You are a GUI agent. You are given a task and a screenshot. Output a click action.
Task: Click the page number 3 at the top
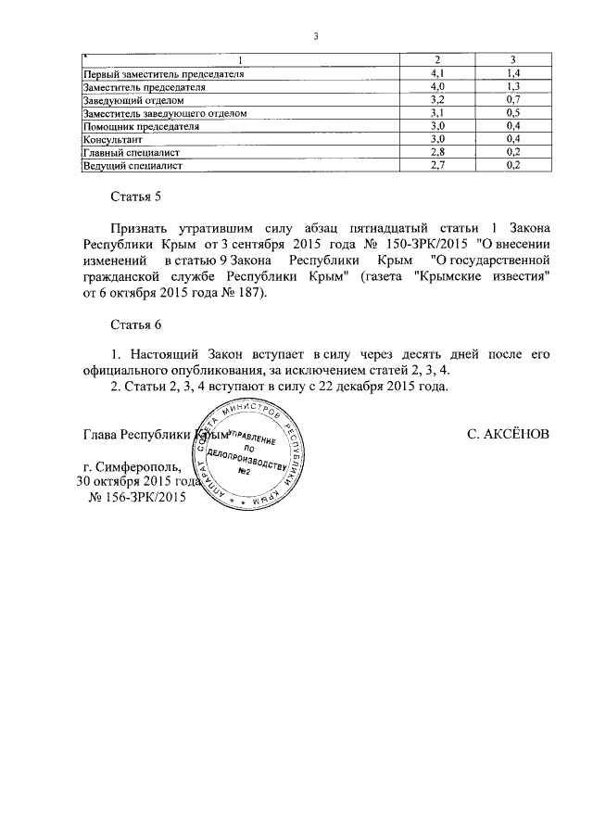[316, 37]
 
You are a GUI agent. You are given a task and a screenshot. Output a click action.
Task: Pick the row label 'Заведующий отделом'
[134, 99]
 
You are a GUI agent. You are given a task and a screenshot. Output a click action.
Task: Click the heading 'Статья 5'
[136, 196]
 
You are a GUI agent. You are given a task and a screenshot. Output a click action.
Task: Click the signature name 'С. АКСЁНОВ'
[509, 434]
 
